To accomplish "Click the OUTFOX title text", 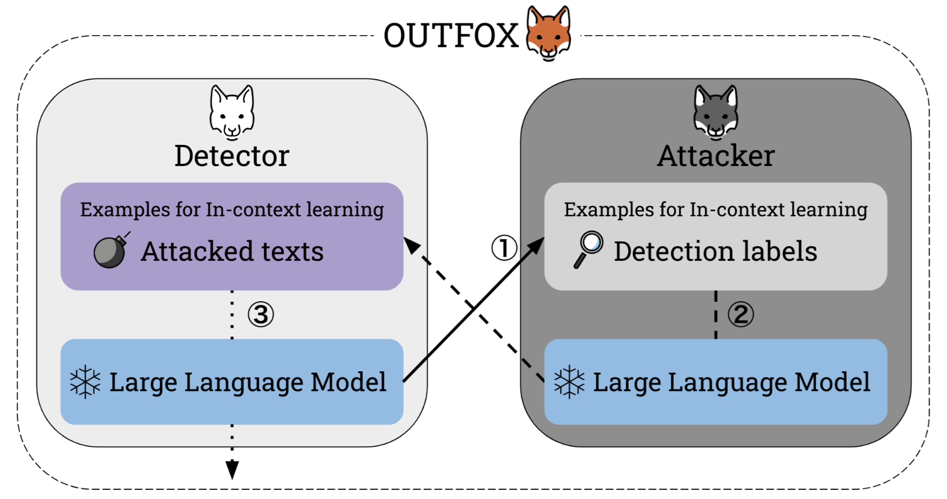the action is (451, 36).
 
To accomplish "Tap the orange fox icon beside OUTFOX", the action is (548, 33).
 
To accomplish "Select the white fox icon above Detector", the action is (232, 112).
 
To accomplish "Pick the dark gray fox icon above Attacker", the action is (716, 112).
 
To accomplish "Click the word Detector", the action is (232, 156).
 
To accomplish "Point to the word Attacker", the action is (716, 156).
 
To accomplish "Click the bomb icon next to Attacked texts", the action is (112, 250).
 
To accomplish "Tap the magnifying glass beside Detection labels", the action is (588, 249).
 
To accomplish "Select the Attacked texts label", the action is (232, 252).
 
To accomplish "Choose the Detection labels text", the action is (716, 251).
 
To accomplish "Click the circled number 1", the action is (504, 248).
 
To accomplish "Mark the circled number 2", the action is (741, 315).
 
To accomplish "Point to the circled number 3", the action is (261, 315).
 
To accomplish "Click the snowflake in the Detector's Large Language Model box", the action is (85, 382).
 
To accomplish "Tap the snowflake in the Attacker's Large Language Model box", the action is (569, 382).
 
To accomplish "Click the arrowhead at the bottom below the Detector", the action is (232, 470).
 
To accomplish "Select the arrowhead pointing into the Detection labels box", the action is (537, 246).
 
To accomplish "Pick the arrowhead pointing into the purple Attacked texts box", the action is (412, 245).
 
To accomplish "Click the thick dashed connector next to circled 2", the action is (716, 315).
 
